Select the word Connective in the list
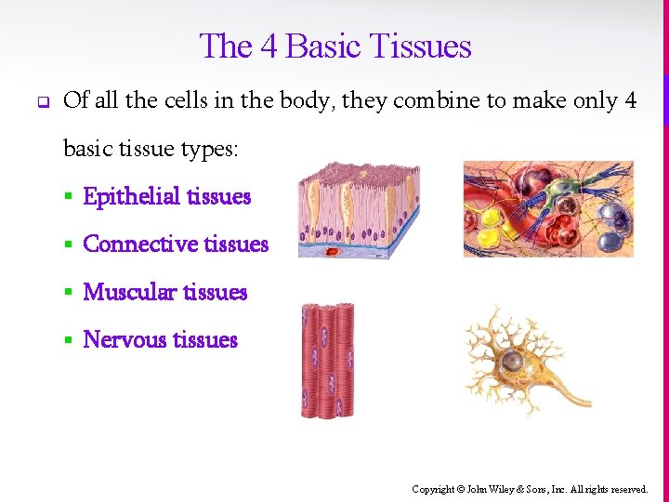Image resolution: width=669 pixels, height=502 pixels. pyautogui.click(x=140, y=244)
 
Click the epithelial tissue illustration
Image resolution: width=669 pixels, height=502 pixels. pyautogui.click(x=358, y=210)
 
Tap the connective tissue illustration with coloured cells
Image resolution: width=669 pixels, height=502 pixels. pyautogui.click(x=548, y=208)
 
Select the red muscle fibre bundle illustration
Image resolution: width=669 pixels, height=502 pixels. pyautogui.click(x=327, y=360)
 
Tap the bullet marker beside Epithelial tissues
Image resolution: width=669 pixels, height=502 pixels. pyautogui.click(x=68, y=197)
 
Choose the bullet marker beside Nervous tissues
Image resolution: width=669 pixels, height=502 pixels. pyautogui.click(x=68, y=340)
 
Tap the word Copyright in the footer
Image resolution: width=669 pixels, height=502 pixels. pyautogui.click(x=433, y=489)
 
